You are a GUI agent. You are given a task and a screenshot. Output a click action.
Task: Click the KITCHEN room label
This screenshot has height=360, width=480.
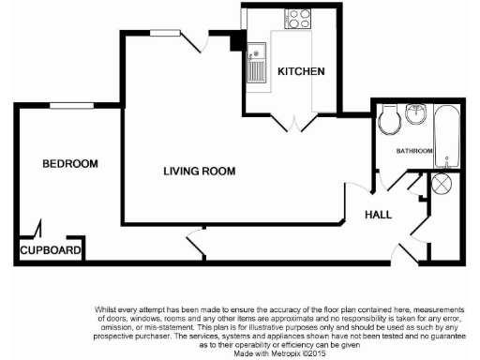(x=300, y=72)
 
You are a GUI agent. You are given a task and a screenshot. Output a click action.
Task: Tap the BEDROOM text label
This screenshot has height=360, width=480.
(x=70, y=164)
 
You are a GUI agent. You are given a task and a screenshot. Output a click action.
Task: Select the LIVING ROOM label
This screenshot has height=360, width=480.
(x=199, y=172)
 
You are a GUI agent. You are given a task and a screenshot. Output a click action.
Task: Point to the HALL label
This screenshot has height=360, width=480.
(x=379, y=215)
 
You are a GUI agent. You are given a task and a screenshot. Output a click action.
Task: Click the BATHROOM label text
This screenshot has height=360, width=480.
(x=413, y=151)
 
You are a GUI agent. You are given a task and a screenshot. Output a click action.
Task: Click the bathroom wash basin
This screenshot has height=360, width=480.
(x=416, y=116)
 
